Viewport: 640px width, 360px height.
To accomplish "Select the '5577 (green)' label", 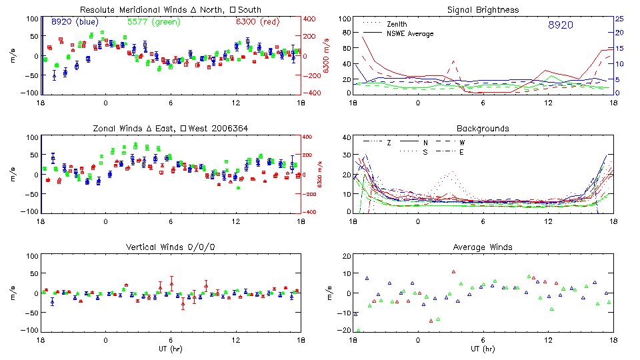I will [153, 22].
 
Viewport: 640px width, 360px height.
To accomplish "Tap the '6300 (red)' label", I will [257, 22].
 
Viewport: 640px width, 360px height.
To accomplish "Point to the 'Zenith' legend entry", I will [398, 24].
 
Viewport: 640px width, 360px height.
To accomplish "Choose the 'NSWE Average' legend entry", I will [411, 33].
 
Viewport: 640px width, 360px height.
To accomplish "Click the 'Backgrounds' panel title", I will [483, 128].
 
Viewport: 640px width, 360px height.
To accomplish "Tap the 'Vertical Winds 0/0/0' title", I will [171, 247].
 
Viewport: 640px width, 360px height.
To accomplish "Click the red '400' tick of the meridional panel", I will [311, 19].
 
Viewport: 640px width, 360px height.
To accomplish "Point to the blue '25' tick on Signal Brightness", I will [619, 19].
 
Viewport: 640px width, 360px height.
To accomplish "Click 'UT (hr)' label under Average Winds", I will [483, 348].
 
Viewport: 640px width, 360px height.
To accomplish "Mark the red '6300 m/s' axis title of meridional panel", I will [327, 56].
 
